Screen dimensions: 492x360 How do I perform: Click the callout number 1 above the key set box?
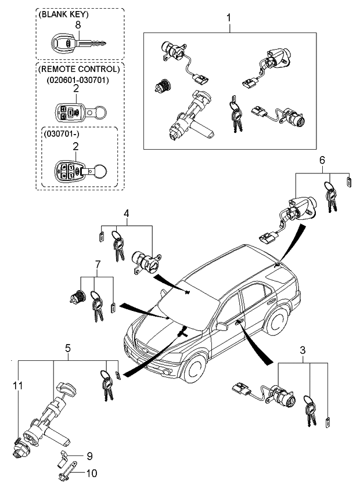click(228, 18)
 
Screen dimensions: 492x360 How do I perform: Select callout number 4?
click(125, 212)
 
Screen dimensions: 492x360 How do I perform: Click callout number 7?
click(97, 265)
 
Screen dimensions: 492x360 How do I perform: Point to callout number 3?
click(302, 350)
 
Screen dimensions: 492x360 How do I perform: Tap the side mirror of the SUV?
click(221, 327)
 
